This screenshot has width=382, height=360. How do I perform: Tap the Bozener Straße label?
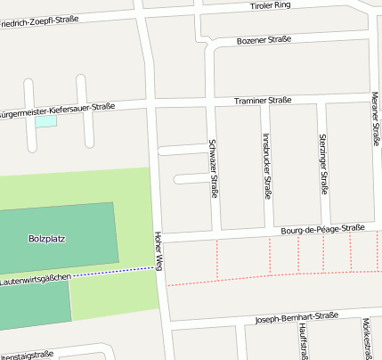(x=264, y=39)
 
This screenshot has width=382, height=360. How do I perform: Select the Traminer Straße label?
(x=263, y=101)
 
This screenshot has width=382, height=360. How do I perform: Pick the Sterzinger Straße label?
(x=323, y=165)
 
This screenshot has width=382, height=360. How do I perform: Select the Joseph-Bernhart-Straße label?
(x=296, y=315)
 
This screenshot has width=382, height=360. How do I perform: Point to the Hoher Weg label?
(x=158, y=251)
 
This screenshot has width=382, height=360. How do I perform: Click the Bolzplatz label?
(x=47, y=239)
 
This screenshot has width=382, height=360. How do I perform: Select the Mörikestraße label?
(x=366, y=339)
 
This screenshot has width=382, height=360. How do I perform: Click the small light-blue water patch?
(x=45, y=120)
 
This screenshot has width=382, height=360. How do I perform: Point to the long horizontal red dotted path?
(x=267, y=277)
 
